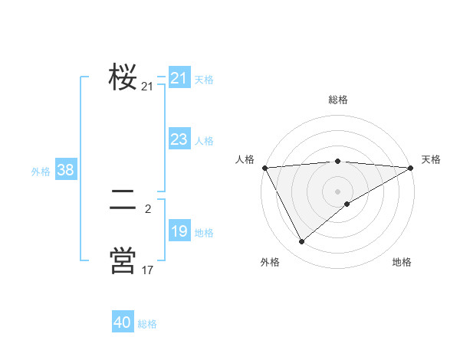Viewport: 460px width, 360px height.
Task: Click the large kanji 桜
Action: click(123, 77)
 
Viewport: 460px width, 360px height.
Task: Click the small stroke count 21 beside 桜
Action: click(147, 87)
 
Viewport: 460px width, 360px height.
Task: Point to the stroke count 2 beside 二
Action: click(147, 208)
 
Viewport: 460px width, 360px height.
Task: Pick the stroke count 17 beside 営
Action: click(147, 270)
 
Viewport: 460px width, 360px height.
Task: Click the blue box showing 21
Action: click(179, 78)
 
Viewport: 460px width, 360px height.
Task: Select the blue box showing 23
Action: click(179, 139)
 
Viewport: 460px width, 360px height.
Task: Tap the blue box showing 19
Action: click(179, 231)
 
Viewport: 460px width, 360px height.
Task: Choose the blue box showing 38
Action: click(65, 170)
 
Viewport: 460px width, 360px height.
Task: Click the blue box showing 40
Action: click(123, 322)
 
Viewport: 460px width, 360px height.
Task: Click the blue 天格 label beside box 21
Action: click(204, 79)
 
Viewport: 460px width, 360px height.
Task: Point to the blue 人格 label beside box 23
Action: click(204, 141)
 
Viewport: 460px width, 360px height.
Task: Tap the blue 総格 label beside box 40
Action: click(147, 324)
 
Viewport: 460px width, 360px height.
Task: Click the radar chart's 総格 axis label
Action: click(337, 100)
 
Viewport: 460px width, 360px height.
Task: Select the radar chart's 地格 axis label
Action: click(402, 262)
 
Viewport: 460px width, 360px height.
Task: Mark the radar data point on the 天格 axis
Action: click(412, 168)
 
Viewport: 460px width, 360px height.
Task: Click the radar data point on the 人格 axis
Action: click(264, 167)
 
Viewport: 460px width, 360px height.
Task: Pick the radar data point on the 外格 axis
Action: click(301, 242)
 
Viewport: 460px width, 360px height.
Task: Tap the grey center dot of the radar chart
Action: click(337, 191)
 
